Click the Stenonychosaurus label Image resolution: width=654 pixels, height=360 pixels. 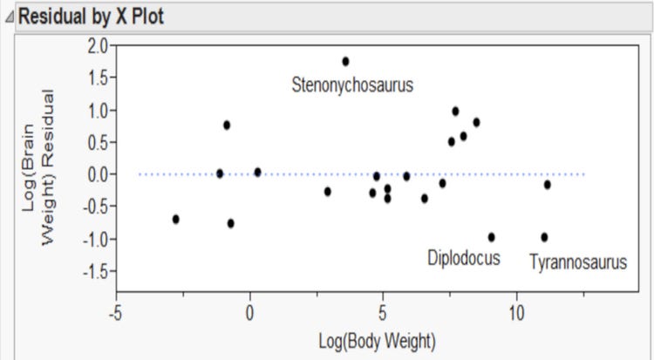[x=352, y=85]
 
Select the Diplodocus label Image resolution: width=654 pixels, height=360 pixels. [x=463, y=258]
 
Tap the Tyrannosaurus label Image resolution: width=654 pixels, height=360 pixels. [x=577, y=261]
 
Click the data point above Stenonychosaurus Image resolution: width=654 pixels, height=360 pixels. [x=345, y=61]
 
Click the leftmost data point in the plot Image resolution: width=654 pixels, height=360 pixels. [x=176, y=219]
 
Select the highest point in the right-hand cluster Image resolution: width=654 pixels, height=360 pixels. [x=455, y=111]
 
